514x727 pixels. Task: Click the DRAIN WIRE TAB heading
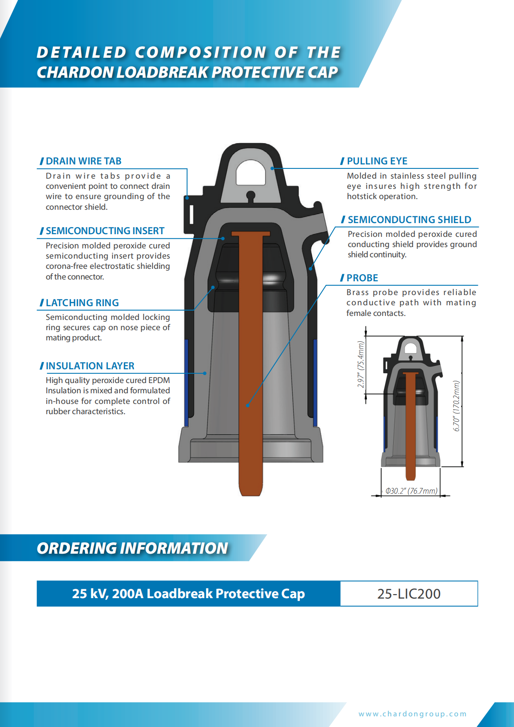tap(84, 161)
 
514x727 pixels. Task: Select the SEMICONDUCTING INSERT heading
tap(105, 231)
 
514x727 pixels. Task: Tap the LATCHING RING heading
tap(82, 303)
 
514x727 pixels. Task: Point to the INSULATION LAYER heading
tap(90, 366)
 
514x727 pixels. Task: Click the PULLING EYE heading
tap(377, 161)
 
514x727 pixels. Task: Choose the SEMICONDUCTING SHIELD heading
tap(409, 220)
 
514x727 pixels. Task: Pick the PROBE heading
tap(362, 278)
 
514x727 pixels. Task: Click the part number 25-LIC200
tap(409, 594)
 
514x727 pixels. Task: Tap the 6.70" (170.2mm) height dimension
tap(457, 406)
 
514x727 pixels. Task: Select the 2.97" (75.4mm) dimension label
tap(361, 364)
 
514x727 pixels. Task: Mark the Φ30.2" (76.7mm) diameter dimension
tap(411, 491)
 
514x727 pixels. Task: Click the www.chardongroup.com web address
tap(412, 714)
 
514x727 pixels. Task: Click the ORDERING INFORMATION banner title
tap(132, 548)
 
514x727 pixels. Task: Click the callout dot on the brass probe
tap(247, 405)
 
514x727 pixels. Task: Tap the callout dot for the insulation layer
tap(205, 373)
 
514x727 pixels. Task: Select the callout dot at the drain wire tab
tap(187, 198)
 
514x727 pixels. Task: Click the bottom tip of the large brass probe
tap(251, 495)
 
